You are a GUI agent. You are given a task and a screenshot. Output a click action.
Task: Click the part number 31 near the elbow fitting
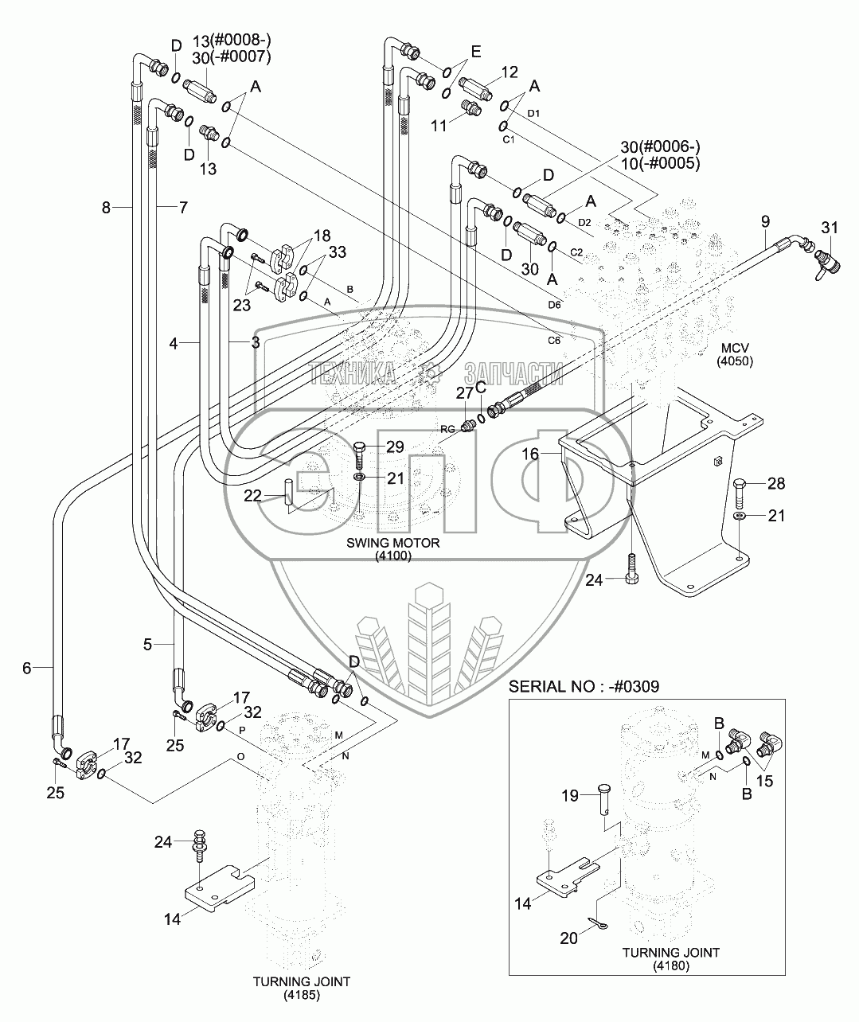830,228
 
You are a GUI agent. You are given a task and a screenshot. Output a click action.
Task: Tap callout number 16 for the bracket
531,454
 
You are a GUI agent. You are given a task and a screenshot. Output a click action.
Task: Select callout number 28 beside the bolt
775,483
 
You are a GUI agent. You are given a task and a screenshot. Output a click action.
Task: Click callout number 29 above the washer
395,446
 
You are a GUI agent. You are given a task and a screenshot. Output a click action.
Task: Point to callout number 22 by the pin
252,495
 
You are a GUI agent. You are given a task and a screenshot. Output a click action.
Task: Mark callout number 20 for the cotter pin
568,938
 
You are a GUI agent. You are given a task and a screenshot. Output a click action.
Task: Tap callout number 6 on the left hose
26,669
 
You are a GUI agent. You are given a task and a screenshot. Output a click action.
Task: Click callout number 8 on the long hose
107,209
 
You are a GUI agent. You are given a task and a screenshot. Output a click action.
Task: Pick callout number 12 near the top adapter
509,73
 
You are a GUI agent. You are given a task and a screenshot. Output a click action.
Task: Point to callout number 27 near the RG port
464,392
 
